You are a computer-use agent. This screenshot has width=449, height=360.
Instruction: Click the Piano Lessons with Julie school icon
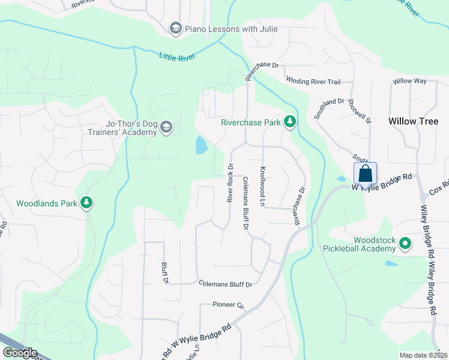(175, 28)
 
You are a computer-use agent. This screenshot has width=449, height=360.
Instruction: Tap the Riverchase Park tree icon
(290, 122)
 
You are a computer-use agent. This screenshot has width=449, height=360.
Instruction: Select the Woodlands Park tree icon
(87, 203)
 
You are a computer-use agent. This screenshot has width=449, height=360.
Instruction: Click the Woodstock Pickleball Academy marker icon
(405, 243)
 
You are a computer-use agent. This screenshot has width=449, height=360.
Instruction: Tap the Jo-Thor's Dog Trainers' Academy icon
(166, 127)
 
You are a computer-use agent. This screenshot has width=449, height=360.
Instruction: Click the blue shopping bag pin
(365, 174)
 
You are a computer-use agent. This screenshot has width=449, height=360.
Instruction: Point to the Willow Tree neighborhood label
(414, 121)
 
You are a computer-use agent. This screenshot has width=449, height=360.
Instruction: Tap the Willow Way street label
(409, 80)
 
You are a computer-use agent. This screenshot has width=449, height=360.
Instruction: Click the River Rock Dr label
(230, 182)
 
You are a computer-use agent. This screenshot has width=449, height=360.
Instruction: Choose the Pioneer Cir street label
(229, 305)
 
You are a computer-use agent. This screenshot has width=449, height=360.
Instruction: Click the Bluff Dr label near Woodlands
(163, 272)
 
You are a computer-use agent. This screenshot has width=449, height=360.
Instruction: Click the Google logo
(19, 353)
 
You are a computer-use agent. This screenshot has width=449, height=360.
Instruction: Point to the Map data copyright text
(424, 355)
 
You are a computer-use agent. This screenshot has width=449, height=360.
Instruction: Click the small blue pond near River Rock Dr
(201, 145)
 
